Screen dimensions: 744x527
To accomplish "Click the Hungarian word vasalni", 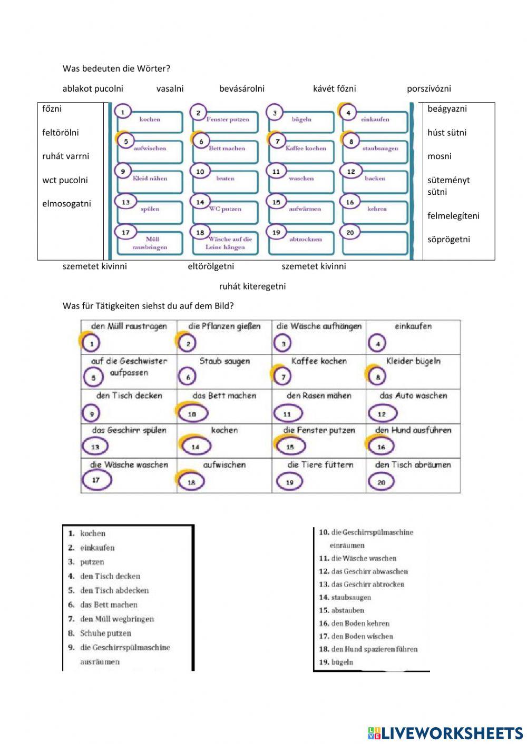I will click(170, 88).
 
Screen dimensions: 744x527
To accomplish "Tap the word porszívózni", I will click(428, 88).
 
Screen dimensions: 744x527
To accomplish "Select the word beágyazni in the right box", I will click(447, 109).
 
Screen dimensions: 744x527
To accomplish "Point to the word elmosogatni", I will click(66, 204).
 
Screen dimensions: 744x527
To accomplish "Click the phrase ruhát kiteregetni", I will click(252, 286).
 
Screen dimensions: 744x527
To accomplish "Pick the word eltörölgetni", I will click(211, 266).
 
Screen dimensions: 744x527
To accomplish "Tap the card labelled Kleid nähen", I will click(150, 180).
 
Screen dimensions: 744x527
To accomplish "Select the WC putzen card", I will click(225, 210).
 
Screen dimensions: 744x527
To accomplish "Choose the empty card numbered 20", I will click(375, 242).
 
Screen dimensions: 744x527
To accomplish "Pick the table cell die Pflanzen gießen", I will click(224, 336).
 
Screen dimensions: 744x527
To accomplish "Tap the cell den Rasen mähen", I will click(319, 406).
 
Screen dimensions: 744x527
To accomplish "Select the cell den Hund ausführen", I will click(413, 440).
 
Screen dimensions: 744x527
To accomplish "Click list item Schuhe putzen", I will click(105, 633).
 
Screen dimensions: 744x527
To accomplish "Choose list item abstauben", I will click(347, 610).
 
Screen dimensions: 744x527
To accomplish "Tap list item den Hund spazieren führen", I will click(374, 649).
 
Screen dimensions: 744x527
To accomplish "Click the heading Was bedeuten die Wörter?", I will click(116, 68).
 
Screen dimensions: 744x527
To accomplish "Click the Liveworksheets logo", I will click(445, 733).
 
